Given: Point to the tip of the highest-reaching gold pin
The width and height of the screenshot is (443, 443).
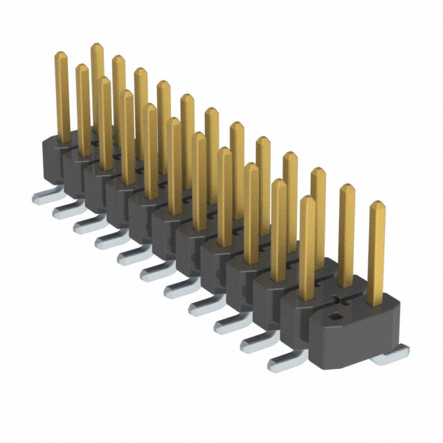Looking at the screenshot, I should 97,47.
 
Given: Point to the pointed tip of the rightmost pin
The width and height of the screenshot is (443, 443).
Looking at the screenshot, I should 377,205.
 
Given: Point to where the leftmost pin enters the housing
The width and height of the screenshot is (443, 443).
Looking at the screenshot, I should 63,138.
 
